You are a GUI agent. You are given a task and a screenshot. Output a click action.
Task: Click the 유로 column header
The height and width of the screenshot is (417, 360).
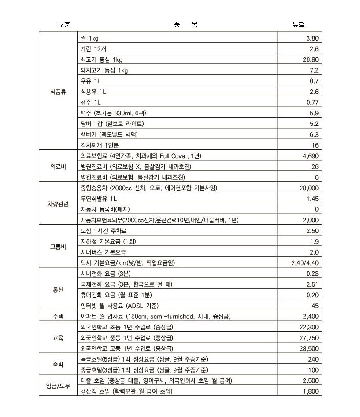[298, 25]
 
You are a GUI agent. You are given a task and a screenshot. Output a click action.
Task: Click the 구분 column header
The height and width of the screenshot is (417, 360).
[64, 25]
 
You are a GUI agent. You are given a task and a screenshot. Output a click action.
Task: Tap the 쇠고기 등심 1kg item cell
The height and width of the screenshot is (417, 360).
[101, 60]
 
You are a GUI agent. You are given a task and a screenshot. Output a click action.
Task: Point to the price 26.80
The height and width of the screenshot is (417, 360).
[309, 60]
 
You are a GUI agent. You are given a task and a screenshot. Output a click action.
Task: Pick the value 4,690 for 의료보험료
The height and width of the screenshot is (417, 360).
[310, 156]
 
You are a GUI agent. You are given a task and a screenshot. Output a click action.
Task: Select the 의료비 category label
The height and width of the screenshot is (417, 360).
[58, 166]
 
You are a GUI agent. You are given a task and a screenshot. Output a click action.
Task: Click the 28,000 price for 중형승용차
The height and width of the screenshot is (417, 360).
[308, 188]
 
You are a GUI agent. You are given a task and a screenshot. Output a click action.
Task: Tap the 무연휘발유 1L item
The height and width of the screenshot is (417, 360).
[99, 199]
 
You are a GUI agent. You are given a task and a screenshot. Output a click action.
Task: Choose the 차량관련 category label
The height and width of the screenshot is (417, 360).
[58, 204]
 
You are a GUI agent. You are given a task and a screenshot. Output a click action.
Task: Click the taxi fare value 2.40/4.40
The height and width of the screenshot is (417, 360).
[305, 263]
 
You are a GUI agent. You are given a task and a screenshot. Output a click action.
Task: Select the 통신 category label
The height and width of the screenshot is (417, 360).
[58, 290]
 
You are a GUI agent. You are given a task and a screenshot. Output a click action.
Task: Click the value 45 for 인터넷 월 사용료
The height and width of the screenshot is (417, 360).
[315, 306]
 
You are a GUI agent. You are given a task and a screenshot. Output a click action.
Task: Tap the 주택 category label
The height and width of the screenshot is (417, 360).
[58, 316]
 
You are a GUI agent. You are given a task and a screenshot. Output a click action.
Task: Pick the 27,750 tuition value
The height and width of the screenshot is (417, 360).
[308, 338]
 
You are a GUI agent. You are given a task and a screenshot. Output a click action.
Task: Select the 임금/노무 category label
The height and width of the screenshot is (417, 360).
[58, 386]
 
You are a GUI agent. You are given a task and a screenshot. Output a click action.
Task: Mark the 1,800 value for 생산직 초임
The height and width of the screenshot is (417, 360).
[310, 391]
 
